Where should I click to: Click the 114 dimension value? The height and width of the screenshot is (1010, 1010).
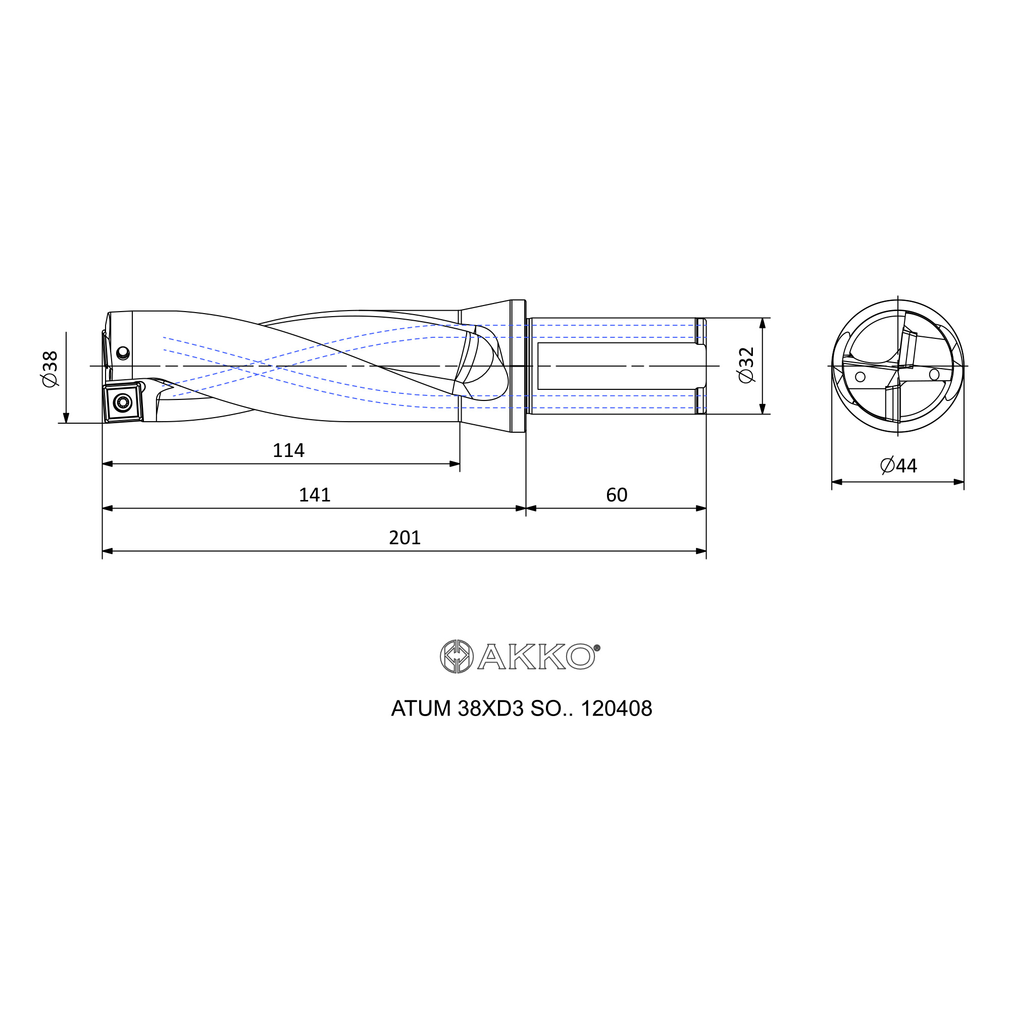pyautogui.click(x=288, y=450)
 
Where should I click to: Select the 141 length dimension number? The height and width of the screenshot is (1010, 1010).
pyautogui.click(x=314, y=495)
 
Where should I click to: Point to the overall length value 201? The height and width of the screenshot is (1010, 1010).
pyautogui.click(x=405, y=538)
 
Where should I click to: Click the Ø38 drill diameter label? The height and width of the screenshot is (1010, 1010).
pyautogui.click(x=50, y=369)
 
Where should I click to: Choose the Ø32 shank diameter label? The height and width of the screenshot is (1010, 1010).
pyautogui.click(x=746, y=365)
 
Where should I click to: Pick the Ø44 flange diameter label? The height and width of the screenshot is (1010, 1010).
pyautogui.click(x=899, y=465)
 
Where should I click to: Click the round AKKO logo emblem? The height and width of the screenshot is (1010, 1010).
pyautogui.click(x=457, y=656)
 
